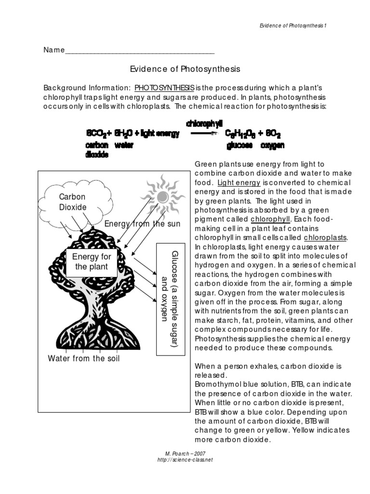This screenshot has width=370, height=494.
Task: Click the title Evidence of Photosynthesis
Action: click(185, 69)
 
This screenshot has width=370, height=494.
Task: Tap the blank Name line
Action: click(140, 50)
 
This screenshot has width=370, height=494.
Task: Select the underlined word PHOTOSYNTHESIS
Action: click(164, 88)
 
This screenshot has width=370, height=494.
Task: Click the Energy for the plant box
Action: click(91, 261)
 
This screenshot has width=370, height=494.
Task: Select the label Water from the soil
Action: click(84, 358)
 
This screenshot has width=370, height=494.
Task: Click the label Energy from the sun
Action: click(143, 223)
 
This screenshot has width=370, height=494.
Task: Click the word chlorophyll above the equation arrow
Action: click(204, 124)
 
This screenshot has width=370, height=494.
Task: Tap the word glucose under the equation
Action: click(239, 145)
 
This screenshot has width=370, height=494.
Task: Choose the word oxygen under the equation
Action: click(272, 145)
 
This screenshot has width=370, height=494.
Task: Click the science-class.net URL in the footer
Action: click(185, 459)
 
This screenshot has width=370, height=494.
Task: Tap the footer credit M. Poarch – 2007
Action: click(185, 453)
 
